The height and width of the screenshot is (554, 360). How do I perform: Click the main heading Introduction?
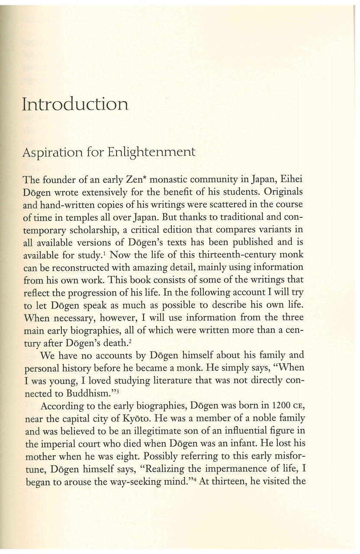tap(75, 104)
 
